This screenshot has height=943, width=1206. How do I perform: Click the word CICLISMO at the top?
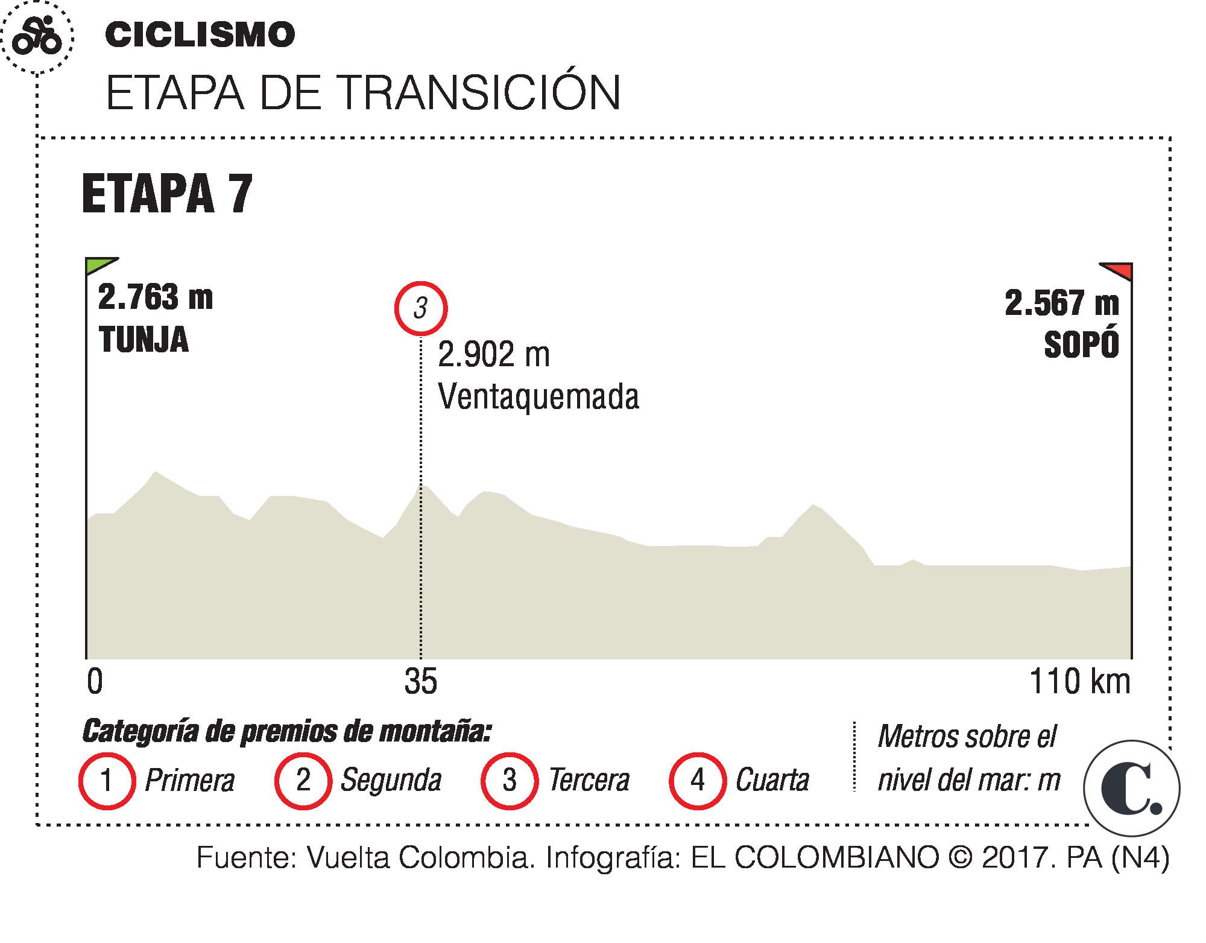tap(200, 35)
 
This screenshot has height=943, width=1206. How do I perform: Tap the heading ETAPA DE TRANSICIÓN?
tap(362, 94)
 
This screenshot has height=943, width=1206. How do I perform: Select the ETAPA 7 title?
tap(166, 194)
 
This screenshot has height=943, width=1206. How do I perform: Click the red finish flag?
tap(1117, 271)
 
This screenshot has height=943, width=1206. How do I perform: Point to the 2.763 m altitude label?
tap(155, 298)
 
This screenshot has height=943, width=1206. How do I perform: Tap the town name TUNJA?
tap(144, 340)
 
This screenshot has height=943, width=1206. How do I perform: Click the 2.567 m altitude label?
tap(1061, 303)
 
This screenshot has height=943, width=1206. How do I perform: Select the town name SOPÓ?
tap(1081, 346)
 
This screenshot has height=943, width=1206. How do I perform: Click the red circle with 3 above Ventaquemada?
tap(420, 308)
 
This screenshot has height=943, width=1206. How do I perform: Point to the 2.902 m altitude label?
tap(493, 355)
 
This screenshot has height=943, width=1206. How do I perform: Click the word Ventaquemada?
tap(538, 397)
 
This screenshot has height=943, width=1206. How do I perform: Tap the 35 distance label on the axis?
tap(420, 683)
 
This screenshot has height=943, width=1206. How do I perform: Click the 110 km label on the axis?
tap(1079, 682)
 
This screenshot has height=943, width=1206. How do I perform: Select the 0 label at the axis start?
tap(95, 683)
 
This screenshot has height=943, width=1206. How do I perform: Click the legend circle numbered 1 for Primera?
tap(106, 781)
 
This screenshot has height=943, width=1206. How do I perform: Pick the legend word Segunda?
tap(391, 781)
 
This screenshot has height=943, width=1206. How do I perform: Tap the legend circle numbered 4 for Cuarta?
tap(697, 781)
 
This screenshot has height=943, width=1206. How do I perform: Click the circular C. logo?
tap(1131, 789)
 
